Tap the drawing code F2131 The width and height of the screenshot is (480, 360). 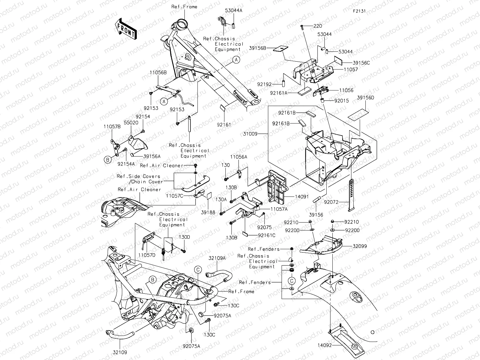point(359,11)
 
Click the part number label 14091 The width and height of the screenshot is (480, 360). point(302,197)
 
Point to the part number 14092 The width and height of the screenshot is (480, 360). point(324,345)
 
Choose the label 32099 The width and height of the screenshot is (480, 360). point(359,246)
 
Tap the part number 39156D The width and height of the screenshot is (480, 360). point(365,98)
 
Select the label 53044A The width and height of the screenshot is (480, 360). point(234,10)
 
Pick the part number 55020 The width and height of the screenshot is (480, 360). point(131,123)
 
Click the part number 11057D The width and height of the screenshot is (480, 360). point(147,255)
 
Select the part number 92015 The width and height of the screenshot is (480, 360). point(341,101)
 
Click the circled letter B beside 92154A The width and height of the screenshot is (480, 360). point(108,160)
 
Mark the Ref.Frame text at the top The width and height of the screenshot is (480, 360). point(184,7)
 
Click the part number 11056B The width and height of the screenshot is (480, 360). point(158,72)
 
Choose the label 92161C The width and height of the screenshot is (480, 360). point(267,235)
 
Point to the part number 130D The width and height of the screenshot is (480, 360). point(184,237)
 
